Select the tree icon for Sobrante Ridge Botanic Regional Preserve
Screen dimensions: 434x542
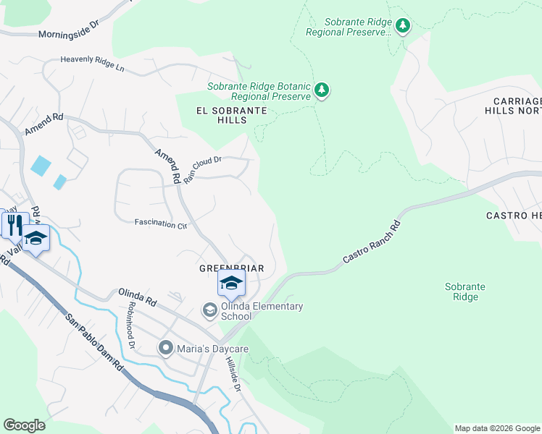pos(322,90)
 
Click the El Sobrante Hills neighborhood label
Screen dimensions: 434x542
pos(231,116)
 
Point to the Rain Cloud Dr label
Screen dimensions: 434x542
pos(201,169)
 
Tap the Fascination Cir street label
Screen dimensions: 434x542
pos(160,224)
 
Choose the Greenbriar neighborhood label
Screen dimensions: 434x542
pos(231,268)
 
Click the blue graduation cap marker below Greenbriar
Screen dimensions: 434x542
pos(231,283)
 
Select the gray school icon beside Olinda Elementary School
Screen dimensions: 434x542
pos(209,310)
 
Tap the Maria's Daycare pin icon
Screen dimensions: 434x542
pos(166,349)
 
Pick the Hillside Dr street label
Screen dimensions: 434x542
pos(232,375)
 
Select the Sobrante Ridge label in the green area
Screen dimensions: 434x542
pos(464,292)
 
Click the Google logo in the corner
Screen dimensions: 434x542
pos(24,425)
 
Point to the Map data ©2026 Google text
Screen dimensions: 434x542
pos(496,428)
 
